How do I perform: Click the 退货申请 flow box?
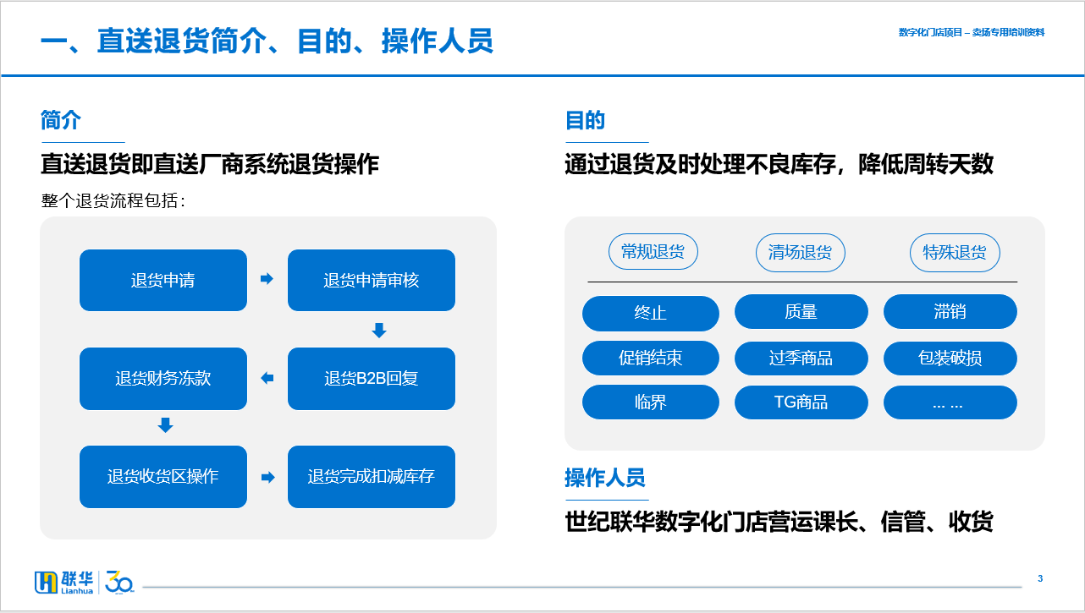click(x=163, y=280)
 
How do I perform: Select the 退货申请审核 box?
click(x=372, y=280)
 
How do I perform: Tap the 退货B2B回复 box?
click(x=372, y=378)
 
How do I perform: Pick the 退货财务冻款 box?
click(x=163, y=378)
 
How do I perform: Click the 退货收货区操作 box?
click(x=163, y=477)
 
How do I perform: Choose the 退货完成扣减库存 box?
click(x=372, y=477)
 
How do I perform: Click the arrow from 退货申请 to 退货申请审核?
click(x=267, y=279)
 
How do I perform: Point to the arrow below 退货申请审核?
click(x=379, y=331)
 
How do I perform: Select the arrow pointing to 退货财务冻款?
click(x=267, y=378)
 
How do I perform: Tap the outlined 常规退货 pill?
click(x=653, y=252)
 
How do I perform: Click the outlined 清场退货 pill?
click(x=800, y=253)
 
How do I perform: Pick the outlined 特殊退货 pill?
click(x=955, y=253)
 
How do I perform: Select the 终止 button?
click(x=651, y=313)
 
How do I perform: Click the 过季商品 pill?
click(x=801, y=358)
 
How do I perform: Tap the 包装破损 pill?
click(x=950, y=358)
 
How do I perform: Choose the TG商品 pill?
click(x=801, y=402)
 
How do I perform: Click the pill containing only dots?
click(x=950, y=402)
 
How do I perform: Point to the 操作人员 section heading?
click(x=605, y=478)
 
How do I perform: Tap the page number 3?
click(x=1040, y=578)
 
